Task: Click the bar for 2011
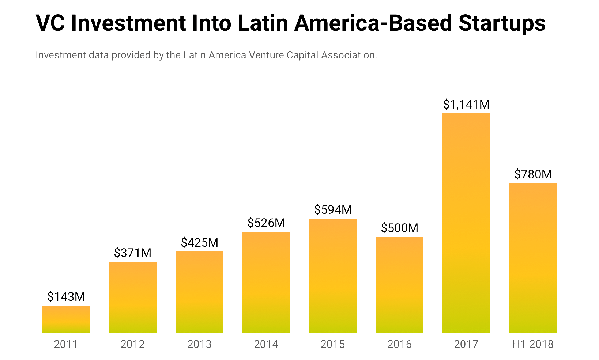66,319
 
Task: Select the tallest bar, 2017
466,223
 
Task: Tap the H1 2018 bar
533,258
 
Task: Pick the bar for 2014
266,282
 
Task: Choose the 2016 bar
399,285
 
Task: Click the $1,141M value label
466,105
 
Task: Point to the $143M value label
66,296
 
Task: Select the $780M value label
533,174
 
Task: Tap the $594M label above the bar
333,210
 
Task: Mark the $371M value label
133,253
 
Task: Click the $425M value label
199,243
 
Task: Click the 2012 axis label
133,344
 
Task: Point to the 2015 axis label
333,344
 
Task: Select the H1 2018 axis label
533,344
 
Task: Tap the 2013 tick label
199,344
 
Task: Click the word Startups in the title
502,23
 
